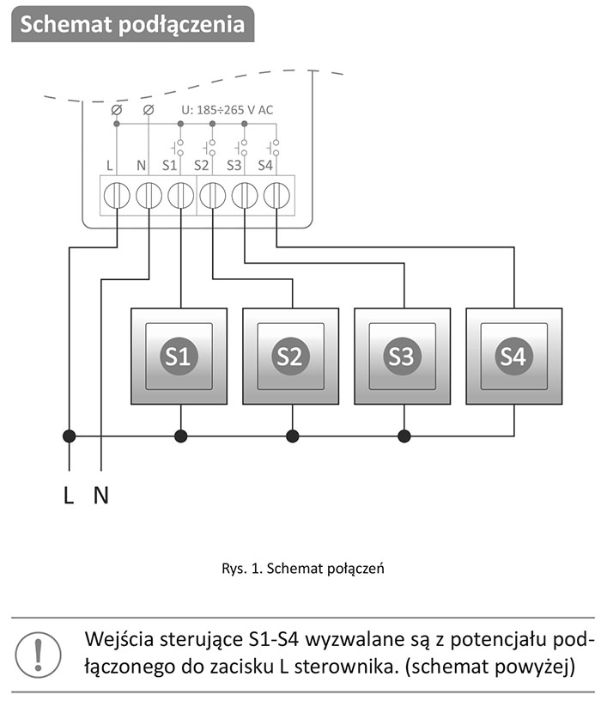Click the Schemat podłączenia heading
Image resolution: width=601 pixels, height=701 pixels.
132,24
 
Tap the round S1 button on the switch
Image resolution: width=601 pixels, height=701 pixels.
179,356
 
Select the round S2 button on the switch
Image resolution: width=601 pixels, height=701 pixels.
291,356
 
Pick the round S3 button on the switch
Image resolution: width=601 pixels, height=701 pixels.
402,356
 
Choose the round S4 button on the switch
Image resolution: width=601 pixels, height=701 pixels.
513,356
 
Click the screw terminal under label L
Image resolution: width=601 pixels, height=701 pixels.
117,196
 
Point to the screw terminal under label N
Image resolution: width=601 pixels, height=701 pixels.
149,196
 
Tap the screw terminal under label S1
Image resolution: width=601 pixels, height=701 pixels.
180,196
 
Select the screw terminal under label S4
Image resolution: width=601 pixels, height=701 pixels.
276,196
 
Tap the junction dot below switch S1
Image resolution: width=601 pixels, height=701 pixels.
180,436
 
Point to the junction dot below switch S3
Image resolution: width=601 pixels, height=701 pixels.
404,436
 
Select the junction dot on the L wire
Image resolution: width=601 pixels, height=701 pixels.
70,436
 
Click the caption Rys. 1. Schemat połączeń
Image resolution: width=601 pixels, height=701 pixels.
300,568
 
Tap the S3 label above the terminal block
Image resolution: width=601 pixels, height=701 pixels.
234,164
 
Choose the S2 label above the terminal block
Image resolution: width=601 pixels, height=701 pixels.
201,164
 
